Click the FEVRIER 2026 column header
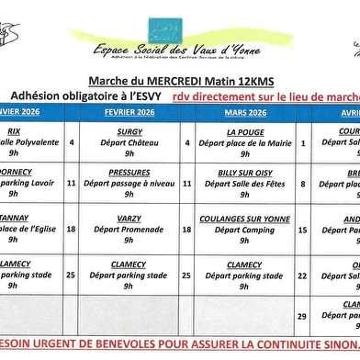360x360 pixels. click(128, 112)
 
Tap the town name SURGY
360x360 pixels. click(128, 131)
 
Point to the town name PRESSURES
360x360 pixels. click(128, 172)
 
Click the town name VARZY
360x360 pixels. click(128, 219)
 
